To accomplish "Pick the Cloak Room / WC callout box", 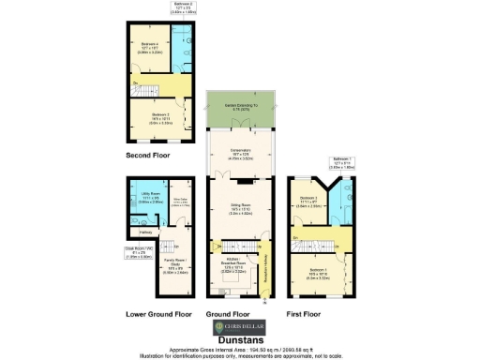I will tap(112, 251).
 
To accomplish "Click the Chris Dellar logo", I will tap(239, 327).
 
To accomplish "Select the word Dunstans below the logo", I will tap(240, 339).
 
